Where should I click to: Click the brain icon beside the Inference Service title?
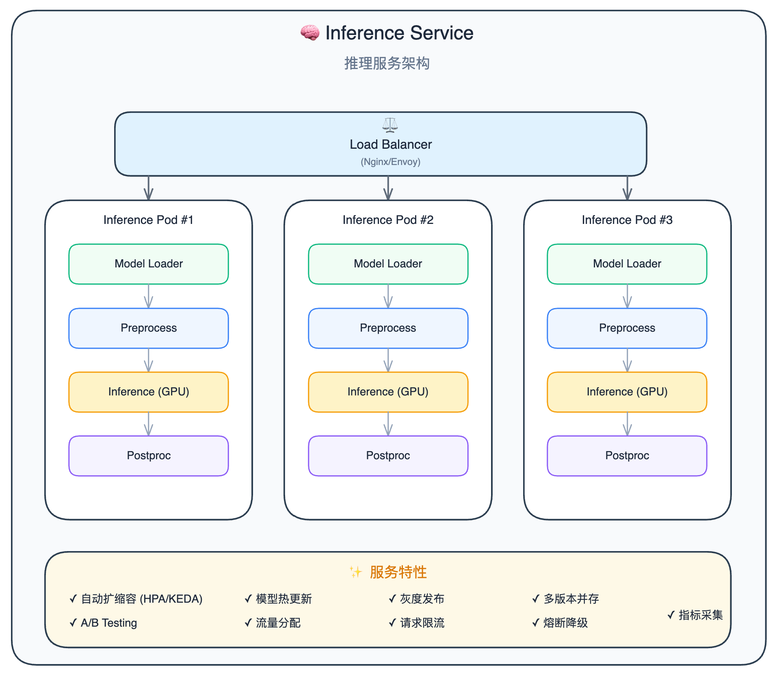310,33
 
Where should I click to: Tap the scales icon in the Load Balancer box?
390,125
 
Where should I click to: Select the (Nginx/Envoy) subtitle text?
390,162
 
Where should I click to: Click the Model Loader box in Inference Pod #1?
149,264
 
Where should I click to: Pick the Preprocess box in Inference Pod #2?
388,328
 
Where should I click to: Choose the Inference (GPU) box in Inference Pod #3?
627,392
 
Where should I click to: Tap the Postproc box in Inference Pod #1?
149,456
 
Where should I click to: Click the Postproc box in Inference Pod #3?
627,456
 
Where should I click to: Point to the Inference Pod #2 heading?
388,220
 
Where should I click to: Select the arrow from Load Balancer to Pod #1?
149,188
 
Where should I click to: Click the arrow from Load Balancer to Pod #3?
628,188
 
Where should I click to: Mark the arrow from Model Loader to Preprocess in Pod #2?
388,296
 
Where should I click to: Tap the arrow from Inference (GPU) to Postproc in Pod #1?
149,424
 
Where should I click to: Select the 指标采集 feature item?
695,615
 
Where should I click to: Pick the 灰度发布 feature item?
416,599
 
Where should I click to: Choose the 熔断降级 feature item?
560,623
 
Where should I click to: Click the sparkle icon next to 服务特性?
356,572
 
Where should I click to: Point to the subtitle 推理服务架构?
387,63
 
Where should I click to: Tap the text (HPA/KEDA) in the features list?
171,599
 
